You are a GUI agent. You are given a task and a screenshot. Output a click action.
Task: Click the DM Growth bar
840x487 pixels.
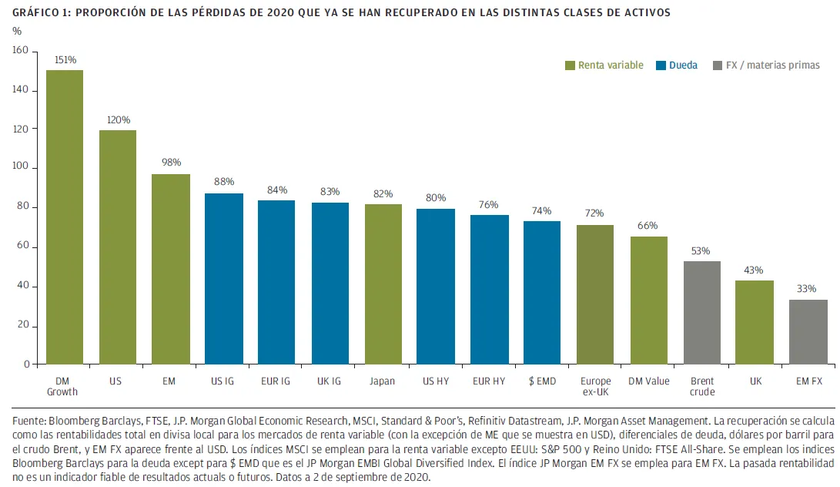coord(65,217)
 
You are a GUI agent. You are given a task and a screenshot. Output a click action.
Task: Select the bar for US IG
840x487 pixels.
coord(224,279)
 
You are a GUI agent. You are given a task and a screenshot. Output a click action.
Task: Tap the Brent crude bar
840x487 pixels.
coord(701,313)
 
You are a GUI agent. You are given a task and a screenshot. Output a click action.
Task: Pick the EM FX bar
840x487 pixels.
coord(808,332)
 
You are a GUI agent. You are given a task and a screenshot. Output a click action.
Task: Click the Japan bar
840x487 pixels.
coord(383,284)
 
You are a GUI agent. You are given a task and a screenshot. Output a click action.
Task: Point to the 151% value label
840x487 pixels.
coord(65,59)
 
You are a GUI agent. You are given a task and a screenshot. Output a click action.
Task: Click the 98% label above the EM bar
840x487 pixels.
coord(171,163)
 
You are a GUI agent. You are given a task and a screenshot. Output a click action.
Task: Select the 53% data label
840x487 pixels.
coord(701,250)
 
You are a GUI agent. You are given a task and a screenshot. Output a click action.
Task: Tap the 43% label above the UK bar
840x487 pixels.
coord(754,270)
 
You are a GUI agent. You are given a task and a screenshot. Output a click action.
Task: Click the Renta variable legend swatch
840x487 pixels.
coord(570,65)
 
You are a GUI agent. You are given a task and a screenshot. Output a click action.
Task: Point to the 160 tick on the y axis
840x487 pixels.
coord(20,51)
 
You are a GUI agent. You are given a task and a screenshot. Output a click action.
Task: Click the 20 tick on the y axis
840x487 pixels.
coord(22,325)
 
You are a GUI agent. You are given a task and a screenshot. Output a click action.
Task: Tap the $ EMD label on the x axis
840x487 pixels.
coord(542,381)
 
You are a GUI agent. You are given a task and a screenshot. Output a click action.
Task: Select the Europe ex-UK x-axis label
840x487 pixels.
coord(595,386)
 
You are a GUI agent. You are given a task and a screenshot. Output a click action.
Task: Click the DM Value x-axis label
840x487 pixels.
coord(648,381)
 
